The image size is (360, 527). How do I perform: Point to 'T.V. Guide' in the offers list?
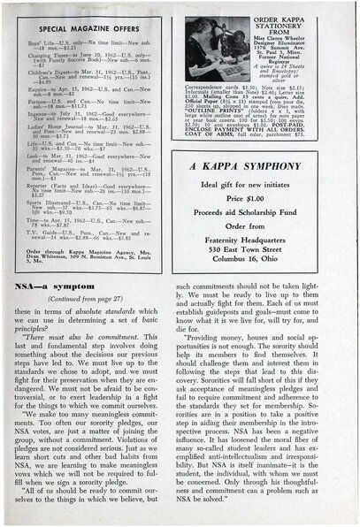pos(42,232)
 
